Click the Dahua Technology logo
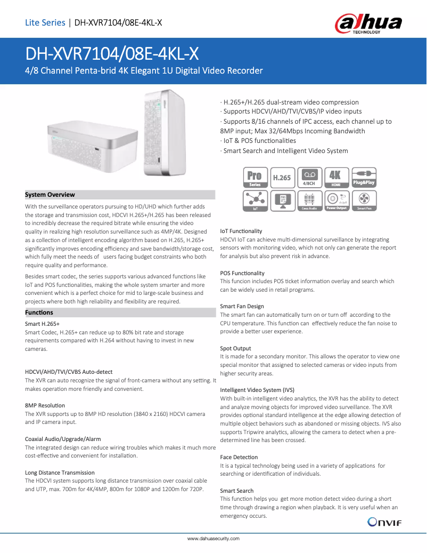pyautogui.click(x=368, y=24)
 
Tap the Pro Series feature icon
pyautogui.click(x=255, y=177)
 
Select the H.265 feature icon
pyautogui.click(x=282, y=177)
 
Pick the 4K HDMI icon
pyautogui.click(x=336, y=177)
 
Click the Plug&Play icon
pyautogui.click(x=364, y=177)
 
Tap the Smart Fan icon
pyautogui.click(x=364, y=201)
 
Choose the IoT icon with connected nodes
pyautogui.click(x=255, y=201)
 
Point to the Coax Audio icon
pyautogui.click(x=309, y=201)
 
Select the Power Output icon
pyautogui.click(x=336, y=201)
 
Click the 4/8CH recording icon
pyautogui.click(x=309, y=177)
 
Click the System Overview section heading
pyautogui.click(x=50, y=195)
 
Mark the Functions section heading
pyautogui.click(x=39, y=312)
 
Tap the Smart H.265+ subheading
pyautogui.click(x=42, y=324)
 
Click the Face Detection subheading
pyautogui.click(x=239, y=457)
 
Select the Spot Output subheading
pyautogui.click(x=235, y=348)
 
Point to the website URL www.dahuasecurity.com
pyautogui.click(x=213, y=539)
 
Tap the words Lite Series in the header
pyautogui.click(x=45, y=22)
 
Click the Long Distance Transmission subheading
pyautogui.click(x=60, y=472)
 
